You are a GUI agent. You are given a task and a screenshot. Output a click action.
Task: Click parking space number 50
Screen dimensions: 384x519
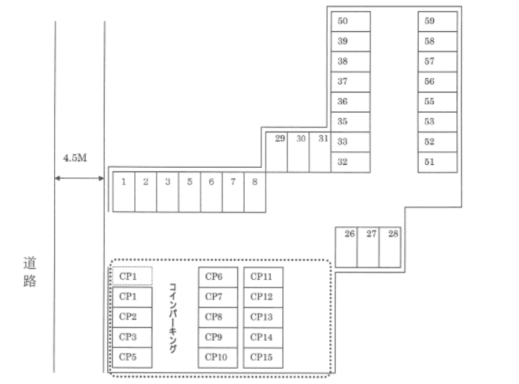click(x=351, y=22)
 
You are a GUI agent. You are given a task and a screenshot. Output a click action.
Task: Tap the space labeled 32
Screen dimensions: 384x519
click(x=351, y=162)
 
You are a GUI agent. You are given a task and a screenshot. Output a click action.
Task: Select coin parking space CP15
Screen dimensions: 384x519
click(x=263, y=357)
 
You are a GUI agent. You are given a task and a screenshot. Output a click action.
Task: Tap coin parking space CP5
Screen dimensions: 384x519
click(x=132, y=357)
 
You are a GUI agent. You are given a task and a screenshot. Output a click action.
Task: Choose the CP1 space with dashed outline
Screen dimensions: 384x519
click(x=132, y=276)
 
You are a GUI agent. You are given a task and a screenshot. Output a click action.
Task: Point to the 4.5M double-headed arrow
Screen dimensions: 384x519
click(x=80, y=178)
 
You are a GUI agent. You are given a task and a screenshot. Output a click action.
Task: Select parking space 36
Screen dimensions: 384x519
click(x=351, y=102)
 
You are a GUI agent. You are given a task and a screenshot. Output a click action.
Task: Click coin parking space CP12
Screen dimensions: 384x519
click(x=263, y=296)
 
